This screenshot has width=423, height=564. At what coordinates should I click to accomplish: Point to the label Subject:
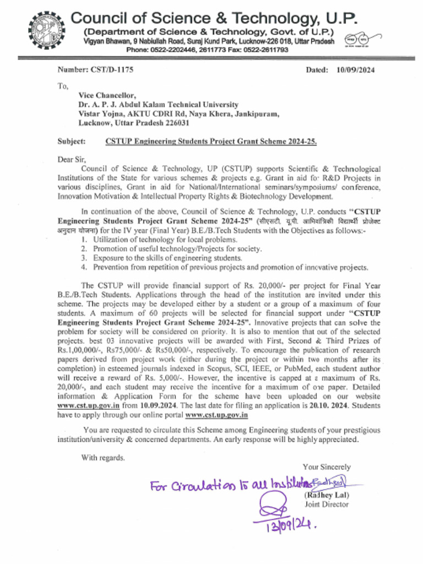point(72,142)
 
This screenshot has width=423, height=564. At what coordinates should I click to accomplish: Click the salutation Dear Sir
point(72,160)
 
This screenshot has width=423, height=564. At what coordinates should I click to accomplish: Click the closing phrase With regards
point(103,457)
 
